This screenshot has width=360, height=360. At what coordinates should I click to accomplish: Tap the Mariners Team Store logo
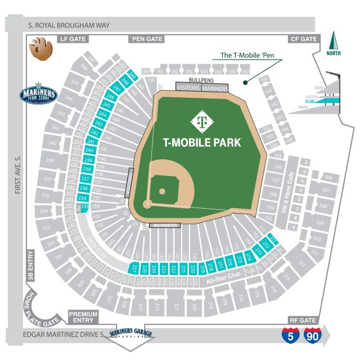(x=38, y=94)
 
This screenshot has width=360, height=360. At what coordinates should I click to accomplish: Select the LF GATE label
(x=73, y=39)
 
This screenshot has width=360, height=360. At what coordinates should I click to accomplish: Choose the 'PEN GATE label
(x=146, y=39)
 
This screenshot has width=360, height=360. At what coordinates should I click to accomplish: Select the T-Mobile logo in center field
(x=201, y=120)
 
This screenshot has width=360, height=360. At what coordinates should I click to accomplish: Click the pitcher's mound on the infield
(x=162, y=191)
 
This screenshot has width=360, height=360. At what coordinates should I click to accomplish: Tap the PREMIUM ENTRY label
(x=83, y=317)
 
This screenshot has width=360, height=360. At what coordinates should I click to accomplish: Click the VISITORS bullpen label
(x=188, y=88)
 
